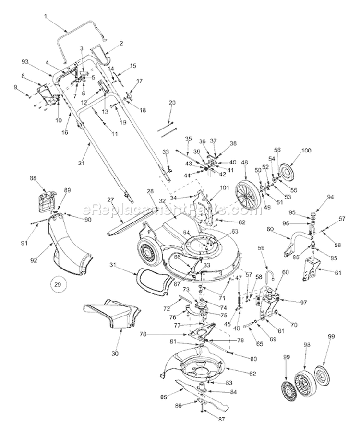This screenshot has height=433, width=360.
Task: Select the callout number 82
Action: (252, 374)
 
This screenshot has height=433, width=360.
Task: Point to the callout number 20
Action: (172, 102)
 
